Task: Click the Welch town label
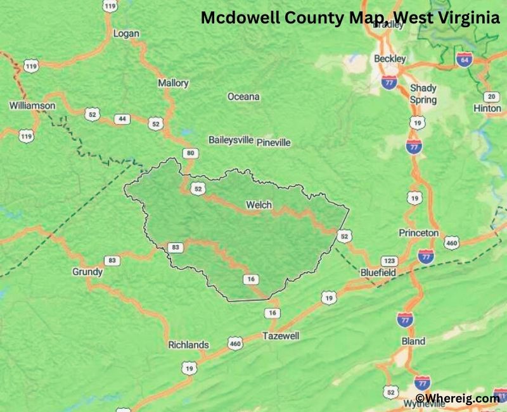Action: click(x=259, y=205)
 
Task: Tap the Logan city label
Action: click(x=125, y=34)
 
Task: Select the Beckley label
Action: click(x=390, y=58)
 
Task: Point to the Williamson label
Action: click(x=32, y=105)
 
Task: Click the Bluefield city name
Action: click(x=378, y=273)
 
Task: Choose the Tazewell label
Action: click(x=281, y=336)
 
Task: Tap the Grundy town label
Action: click(x=87, y=272)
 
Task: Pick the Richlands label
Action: click(x=188, y=345)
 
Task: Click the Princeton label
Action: click(x=418, y=233)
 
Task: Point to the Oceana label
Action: click(x=243, y=96)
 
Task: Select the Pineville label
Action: click(x=274, y=143)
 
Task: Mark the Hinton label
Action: click(x=487, y=108)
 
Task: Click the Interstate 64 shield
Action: click(x=464, y=59)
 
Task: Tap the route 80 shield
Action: click(x=189, y=153)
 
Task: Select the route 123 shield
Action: click(x=388, y=261)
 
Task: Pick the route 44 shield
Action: click(x=122, y=119)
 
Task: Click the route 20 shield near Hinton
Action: click(x=491, y=96)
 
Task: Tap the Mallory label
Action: click(x=173, y=83)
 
